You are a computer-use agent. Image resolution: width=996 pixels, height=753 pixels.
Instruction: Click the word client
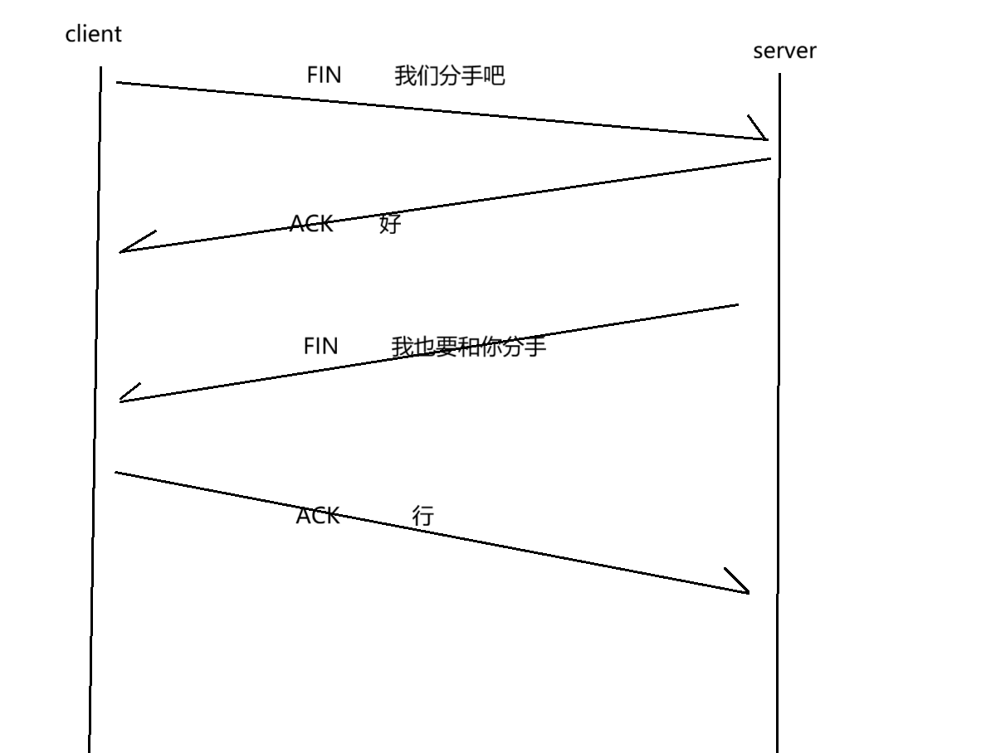point(93,34)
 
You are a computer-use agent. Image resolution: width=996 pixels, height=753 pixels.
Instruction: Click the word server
point(784,51)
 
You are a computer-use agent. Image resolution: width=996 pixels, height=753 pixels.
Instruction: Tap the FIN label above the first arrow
point(324,75)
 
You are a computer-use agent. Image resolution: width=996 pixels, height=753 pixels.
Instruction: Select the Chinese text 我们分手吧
point(449,76)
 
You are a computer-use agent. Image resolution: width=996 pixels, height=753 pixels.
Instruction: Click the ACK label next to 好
point(311,223)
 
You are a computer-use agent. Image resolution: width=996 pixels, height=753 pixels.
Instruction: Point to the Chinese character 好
point(390,223)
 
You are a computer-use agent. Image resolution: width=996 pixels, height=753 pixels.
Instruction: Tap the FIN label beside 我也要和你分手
point(321,345)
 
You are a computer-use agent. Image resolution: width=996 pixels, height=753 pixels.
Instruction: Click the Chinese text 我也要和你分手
point(469,346)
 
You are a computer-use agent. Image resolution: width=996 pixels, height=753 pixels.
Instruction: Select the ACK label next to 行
point(318,516)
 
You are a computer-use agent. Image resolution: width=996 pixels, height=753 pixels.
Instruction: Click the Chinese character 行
point(423,516)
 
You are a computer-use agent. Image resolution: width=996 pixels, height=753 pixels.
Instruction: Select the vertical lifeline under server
point(779,456)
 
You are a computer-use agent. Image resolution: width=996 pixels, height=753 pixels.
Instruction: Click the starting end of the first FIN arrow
point(118,82)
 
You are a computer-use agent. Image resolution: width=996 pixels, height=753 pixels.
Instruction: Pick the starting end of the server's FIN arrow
point(737,305)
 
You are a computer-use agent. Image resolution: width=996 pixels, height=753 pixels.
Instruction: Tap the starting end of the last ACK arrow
point(116,473)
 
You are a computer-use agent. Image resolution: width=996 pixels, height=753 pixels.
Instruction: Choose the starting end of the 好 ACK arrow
point(769,158)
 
